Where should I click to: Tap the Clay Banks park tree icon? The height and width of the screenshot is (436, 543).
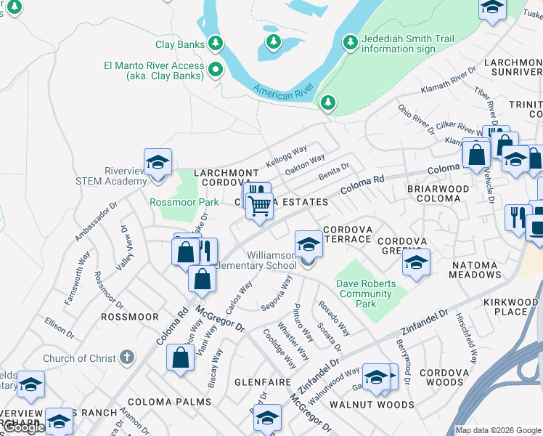coord(216,44)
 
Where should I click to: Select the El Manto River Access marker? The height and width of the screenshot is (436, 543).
coord(215,70)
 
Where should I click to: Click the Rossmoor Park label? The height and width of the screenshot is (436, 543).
coord(184,202)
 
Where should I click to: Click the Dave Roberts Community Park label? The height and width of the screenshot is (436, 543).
coord(366,294)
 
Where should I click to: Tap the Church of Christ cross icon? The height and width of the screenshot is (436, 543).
coord(126,358)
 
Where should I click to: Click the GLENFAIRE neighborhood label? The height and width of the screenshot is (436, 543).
coord(263,381)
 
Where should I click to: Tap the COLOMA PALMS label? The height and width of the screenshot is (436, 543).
coord(169,401)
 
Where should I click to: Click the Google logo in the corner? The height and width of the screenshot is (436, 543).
coord(24,428)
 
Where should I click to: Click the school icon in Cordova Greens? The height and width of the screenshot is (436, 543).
coord(416,262)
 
